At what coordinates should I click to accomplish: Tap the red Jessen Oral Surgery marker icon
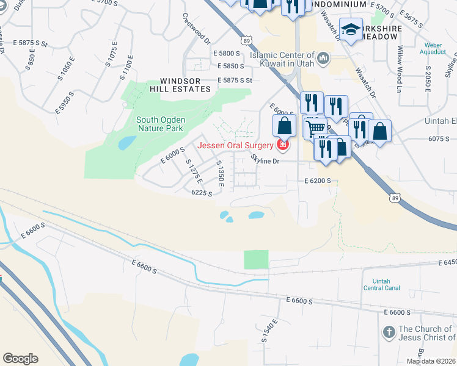point(282,145)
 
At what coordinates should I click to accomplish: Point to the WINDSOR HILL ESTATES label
point(185,85)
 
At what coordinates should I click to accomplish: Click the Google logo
point(20,359)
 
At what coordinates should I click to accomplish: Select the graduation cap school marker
point(351,29)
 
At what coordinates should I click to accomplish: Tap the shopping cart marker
point(315,127)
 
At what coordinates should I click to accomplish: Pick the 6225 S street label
point(202,193)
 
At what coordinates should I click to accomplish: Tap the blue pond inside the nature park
point(127,143)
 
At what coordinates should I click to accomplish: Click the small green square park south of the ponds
point(256,259)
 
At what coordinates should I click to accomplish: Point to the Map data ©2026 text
point(431,361)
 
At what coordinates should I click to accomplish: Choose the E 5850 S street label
point(228,66)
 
